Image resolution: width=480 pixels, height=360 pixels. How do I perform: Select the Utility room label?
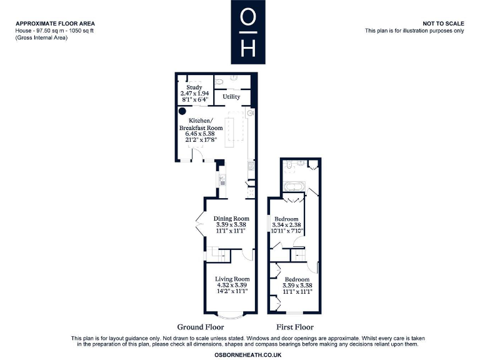click(231, 97)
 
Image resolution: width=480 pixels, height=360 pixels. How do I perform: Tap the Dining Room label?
click(232, 218)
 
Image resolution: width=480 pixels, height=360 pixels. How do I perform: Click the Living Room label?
click(232, 279)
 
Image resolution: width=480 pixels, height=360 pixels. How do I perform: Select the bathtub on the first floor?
click(293, 186)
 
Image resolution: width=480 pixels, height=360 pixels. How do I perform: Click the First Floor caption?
click(295, 327)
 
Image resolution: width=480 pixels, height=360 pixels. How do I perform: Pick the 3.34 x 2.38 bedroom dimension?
click(287, 225)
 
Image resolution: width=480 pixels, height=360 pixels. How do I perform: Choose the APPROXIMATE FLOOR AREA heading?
click(55, 23)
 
